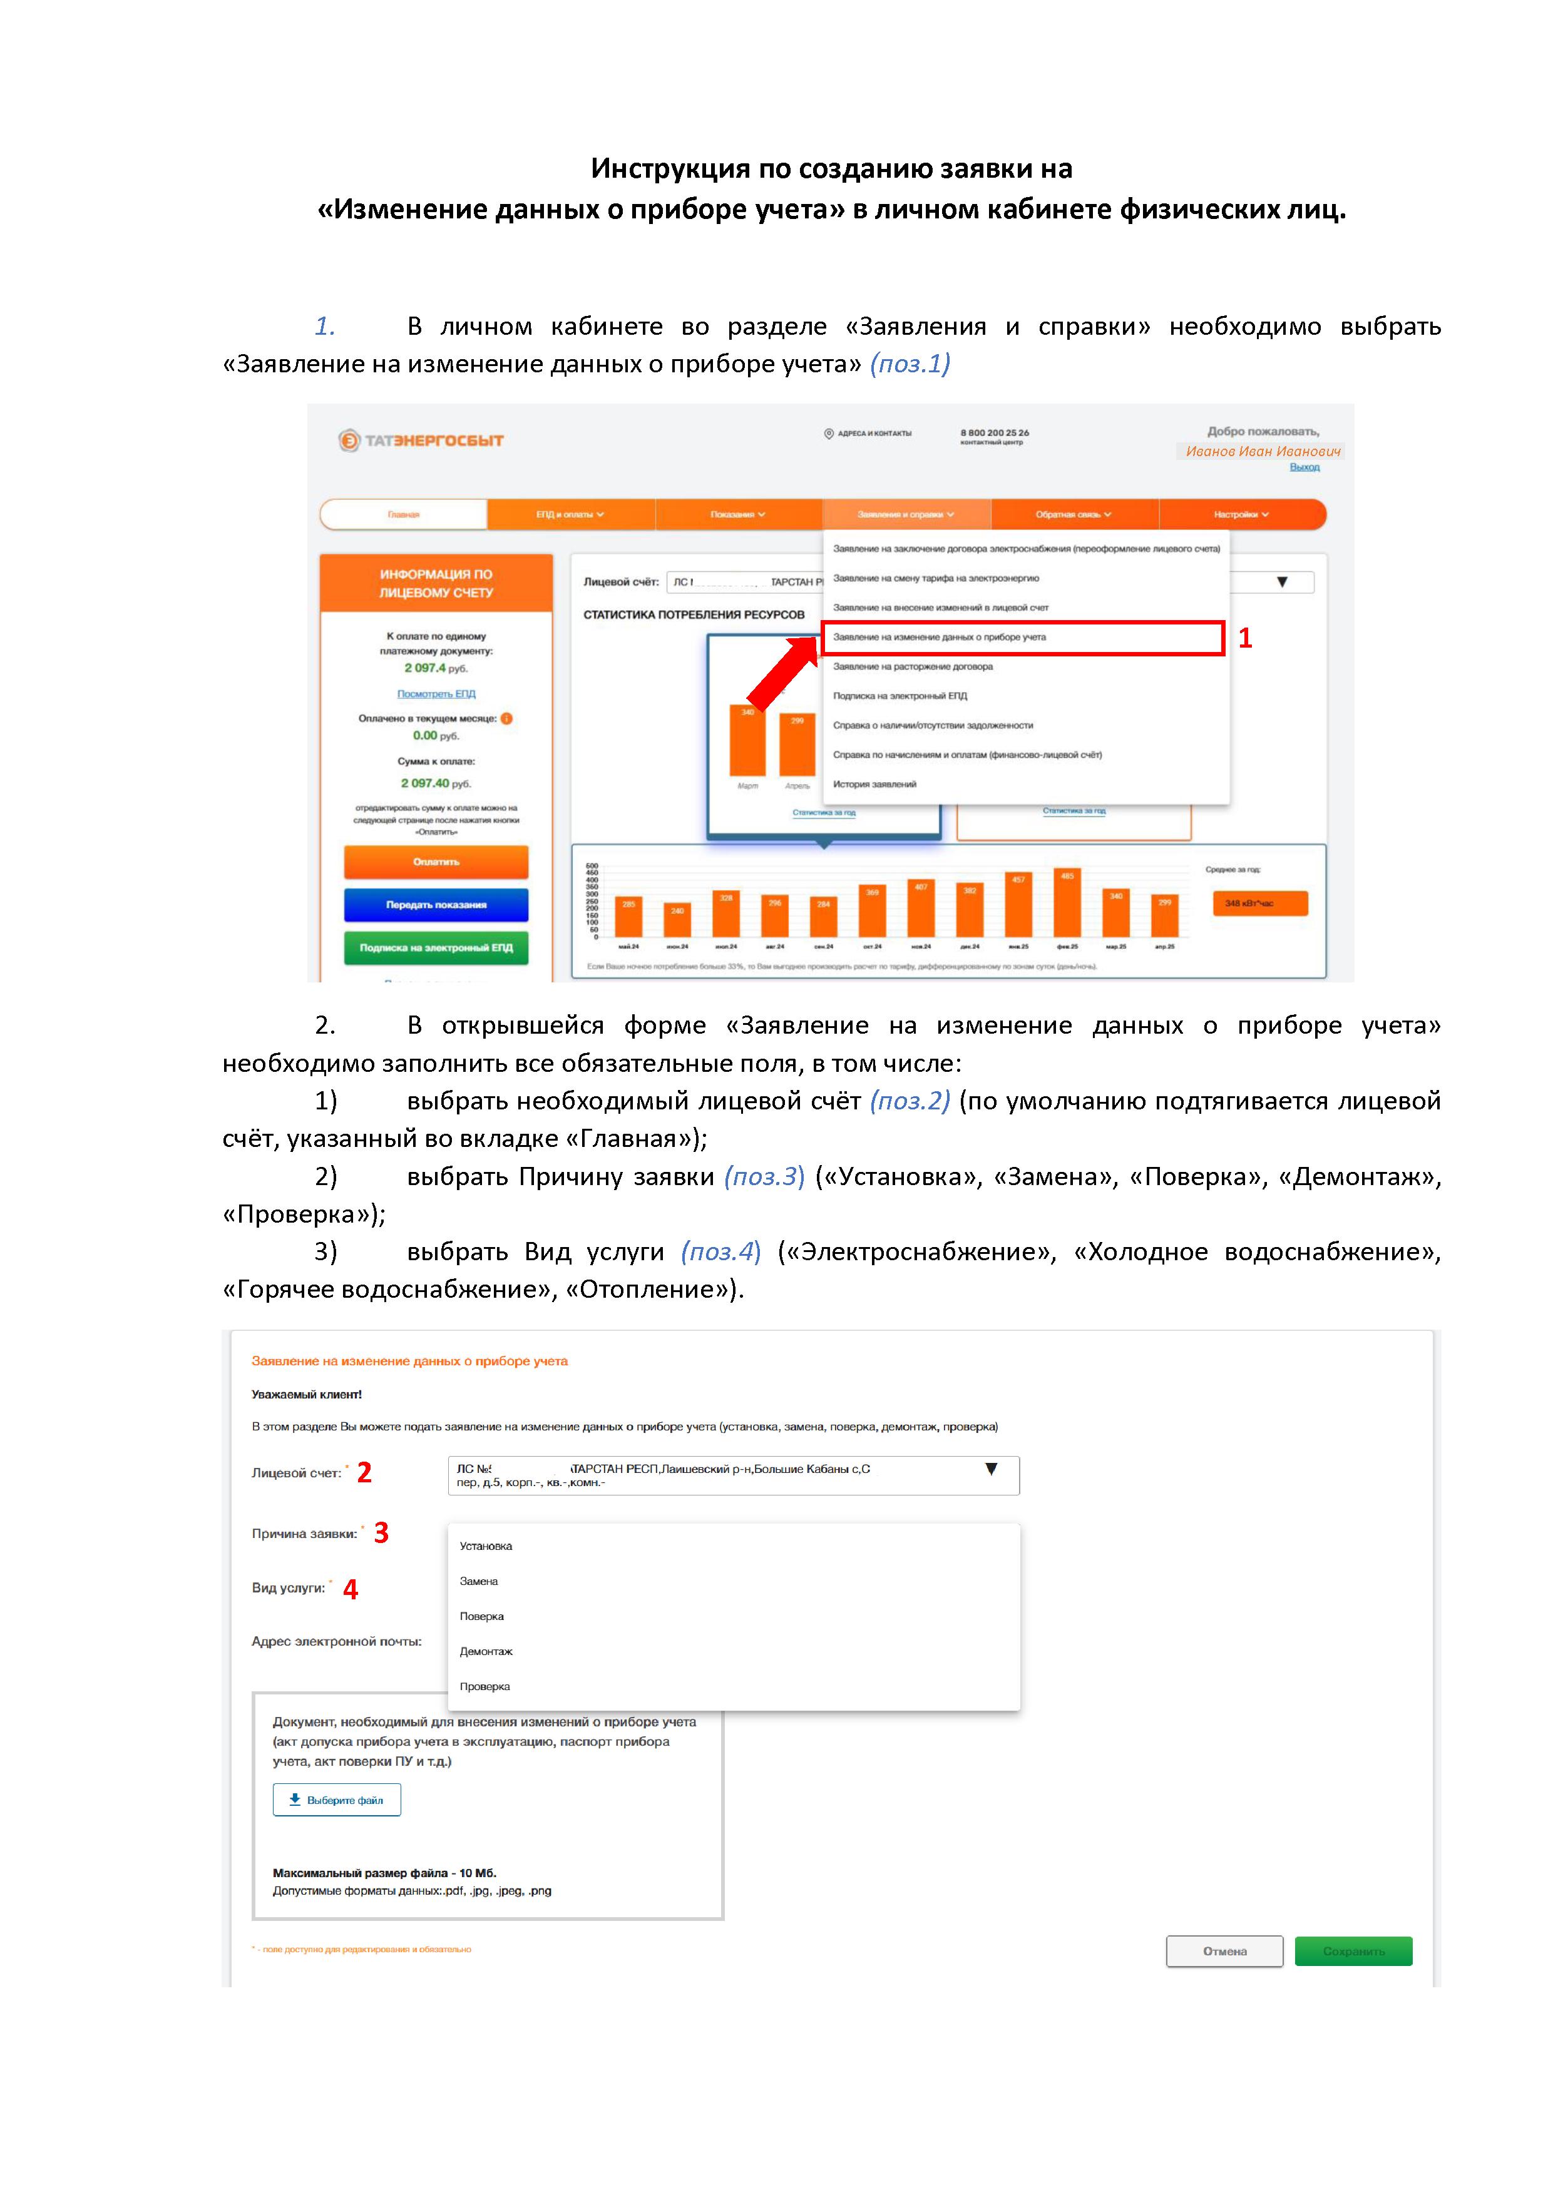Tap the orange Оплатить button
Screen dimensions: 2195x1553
tap(436, 862)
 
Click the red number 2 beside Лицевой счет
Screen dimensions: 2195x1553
tap(364, 1472)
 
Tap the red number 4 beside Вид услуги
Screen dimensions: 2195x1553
tap(351, 1589)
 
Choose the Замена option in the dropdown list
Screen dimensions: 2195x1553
tap(479, 1581)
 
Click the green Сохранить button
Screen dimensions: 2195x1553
tap(1353, 1951)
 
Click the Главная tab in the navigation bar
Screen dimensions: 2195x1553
tap(404, 514)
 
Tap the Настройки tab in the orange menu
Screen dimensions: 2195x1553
tap(1241, 514)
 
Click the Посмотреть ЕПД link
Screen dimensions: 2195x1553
tap(436, 693)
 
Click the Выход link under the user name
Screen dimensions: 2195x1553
tap(1304, 467)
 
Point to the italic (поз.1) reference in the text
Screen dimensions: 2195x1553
tap(910, 364)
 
